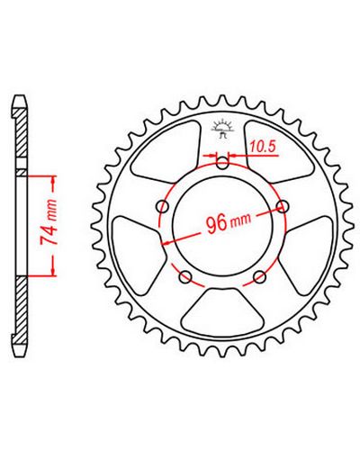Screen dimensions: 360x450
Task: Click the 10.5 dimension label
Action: [262, 147]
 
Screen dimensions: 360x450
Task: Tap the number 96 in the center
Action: [217, 223]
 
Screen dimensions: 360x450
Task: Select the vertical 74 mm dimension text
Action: [49, 221]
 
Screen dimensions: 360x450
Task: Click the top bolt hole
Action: [222, 164]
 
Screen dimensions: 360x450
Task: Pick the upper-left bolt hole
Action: [163, 207]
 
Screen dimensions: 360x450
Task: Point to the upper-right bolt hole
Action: [283, 206]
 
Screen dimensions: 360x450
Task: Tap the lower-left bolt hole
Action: [185, 277]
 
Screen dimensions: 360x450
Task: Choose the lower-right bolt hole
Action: [260, 277]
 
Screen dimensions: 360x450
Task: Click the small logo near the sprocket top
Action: [222, 129]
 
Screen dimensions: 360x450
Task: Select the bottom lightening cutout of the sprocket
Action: [222, 311]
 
